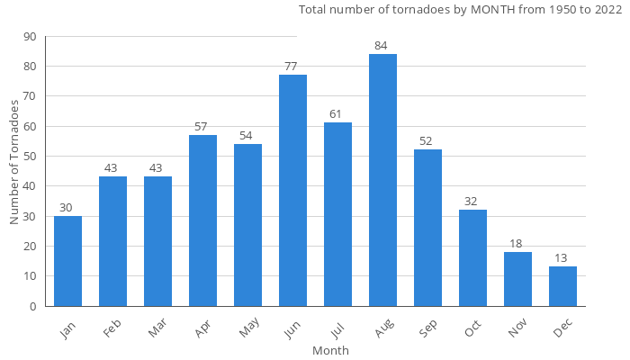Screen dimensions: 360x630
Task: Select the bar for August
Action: (x=382, y=180)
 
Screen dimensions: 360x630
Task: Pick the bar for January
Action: (x=67, y=261)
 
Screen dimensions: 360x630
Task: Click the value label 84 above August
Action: (x=382, y=46)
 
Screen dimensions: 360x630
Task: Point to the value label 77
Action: (x=292, y=67)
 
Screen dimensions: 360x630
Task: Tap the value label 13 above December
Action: (x=562, y=258)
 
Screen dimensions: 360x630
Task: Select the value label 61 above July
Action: (x=337, y=114)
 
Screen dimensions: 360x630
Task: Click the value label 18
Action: (x=517, y=244)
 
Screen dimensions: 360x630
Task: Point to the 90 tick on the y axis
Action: (x=30, y=37)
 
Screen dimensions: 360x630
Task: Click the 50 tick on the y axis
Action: (x=30, y=157)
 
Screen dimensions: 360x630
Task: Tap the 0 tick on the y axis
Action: (x=33, y=306)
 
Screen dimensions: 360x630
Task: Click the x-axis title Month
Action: (x=330, y=350)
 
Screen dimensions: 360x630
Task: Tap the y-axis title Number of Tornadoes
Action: (x=15, y=162)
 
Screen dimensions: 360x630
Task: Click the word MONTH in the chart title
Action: (x=489, y=10)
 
